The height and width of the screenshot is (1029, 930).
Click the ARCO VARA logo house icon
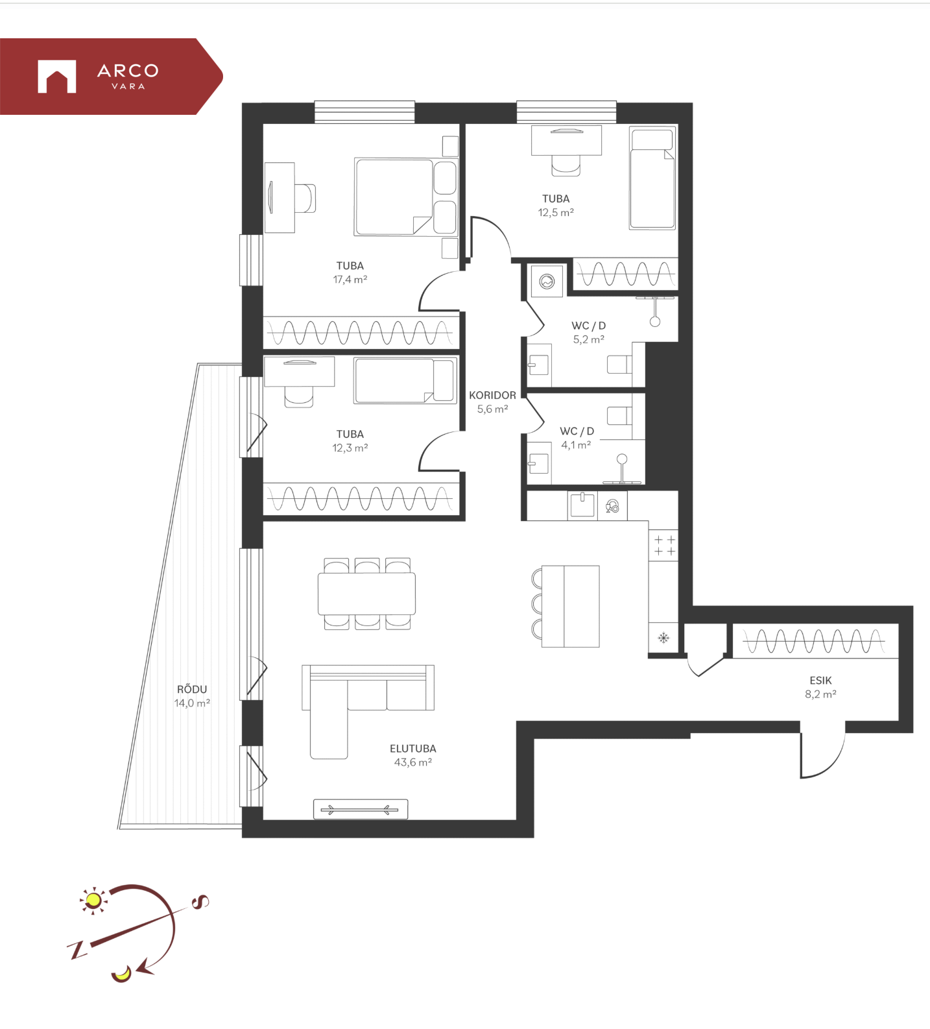pyautogui.click(x=57, y=77)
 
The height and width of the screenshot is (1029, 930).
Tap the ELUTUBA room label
pyautogui.click(x=413, y=749)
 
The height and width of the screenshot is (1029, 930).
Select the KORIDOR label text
pyautogui.click(x=493, y=395)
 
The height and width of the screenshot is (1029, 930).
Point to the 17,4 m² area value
pyautogui.click(x=350, y=280)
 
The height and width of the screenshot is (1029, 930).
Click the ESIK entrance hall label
pyautogui.click(x=820, y=681)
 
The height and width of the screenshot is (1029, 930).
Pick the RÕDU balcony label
pyautogui.click(x=192, y=689)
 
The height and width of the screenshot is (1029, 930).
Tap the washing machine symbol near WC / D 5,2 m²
pyautogui.click(x=547, y=282)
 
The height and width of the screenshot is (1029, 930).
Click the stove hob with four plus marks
pyautogui.click(x=663, y=545)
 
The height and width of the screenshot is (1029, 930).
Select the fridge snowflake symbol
pyautogui.click(x=663, y=638)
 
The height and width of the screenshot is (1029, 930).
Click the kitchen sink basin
pyautogui.click(x=582, y=505)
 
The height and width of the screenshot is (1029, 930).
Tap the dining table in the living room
pyautogui.click(x=366, y=594)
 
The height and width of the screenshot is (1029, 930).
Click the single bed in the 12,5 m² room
pyautogui.click(x=652, y=178)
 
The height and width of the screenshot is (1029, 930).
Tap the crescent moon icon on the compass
pyautogui.click(x=122, y=973)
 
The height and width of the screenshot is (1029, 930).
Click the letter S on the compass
pyautogui.click(x=200, y=901)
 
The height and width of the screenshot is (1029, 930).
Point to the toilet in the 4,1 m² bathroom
pyautogui.click(x=619, y=415)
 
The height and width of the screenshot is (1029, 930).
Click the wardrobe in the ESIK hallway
pyautogui.click(x=815, y=641)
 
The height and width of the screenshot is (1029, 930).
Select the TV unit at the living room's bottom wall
pyautogui.click(x=361, y=809)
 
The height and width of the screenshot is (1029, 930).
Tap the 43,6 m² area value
pyautogui.click(x=413, y=762)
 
